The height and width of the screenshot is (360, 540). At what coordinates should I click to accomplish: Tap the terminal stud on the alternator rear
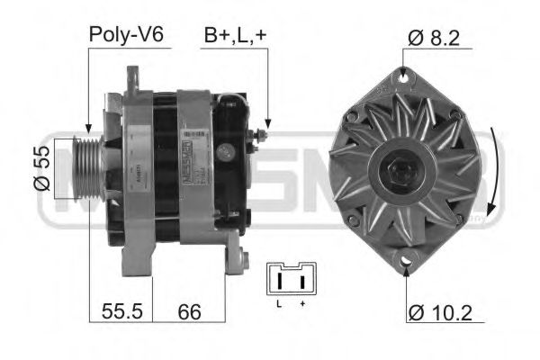pyautogui.click(x=262, y=136)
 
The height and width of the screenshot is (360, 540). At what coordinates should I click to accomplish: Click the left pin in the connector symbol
pyautogui.click(x=282, y=282)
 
